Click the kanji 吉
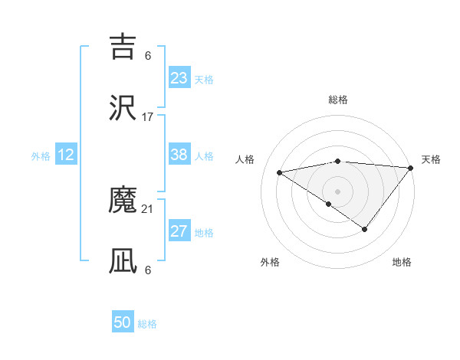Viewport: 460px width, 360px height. tap(123, 47)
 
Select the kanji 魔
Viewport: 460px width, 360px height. tap(123, 201)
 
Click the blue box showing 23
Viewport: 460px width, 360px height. tap(179, 78)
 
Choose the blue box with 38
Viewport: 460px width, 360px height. tap(179, 155)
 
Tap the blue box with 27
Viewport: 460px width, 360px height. tap(179, 231)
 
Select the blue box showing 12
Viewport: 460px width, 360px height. tap(66, 155)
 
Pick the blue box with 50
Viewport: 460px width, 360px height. tap(123, 322)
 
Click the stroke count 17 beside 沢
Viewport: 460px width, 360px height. tap(148, 117)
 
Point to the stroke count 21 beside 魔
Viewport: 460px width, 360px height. tap(148, 208)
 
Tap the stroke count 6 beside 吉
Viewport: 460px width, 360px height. tap(148, 55)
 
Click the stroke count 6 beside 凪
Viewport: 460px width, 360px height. tap(148, 270)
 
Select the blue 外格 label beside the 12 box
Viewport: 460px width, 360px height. tap(41, 155)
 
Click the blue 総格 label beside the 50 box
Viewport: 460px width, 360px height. tap(147, 324)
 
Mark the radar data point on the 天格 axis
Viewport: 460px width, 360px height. tap(411, 167)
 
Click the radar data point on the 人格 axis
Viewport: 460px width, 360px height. tap(280, 172)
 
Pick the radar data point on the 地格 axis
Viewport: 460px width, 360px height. tap(365, 229)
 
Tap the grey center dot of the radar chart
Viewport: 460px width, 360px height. tap(337, 191)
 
